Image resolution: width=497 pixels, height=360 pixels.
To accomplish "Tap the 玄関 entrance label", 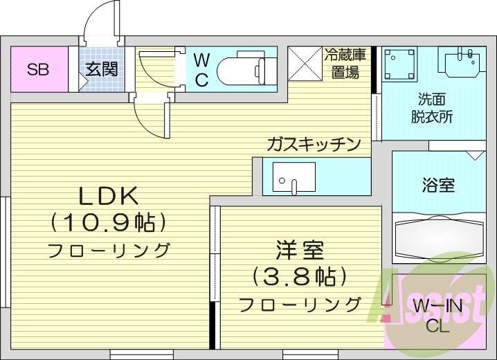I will click(x=101, y=69).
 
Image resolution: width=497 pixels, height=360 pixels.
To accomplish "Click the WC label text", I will click(x=201, y=69).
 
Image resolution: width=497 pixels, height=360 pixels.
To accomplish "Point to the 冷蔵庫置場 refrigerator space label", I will click(x=343, y=63).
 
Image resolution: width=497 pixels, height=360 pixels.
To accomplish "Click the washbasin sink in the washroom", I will click(x=460, y=63).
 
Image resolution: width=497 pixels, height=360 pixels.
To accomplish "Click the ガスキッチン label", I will click(x=315, y=145).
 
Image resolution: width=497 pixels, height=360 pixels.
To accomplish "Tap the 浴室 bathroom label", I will click(x=438, y=185).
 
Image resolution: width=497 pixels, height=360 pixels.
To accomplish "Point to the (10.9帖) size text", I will click(x=109, y=222).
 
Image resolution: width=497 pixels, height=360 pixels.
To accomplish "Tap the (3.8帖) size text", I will click(x=299, y=277).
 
